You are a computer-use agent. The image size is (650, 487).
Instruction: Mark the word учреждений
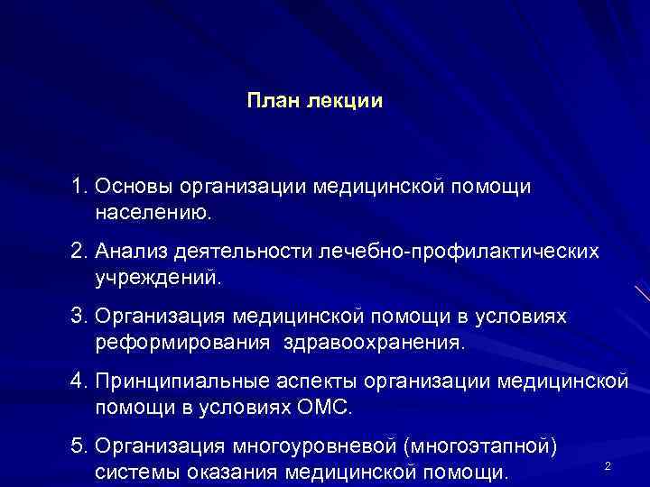click(x=157, y=278)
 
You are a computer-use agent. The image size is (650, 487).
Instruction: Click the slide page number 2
click(x=608, y=465)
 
